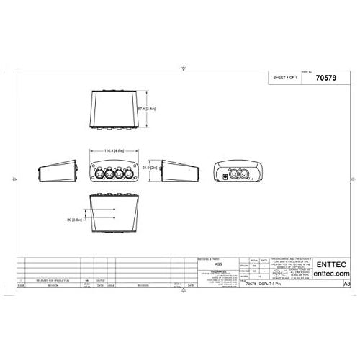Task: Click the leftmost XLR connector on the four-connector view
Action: (97, 173)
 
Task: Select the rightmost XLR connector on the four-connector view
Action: (128, 173)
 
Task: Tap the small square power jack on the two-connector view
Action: (230, 174)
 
